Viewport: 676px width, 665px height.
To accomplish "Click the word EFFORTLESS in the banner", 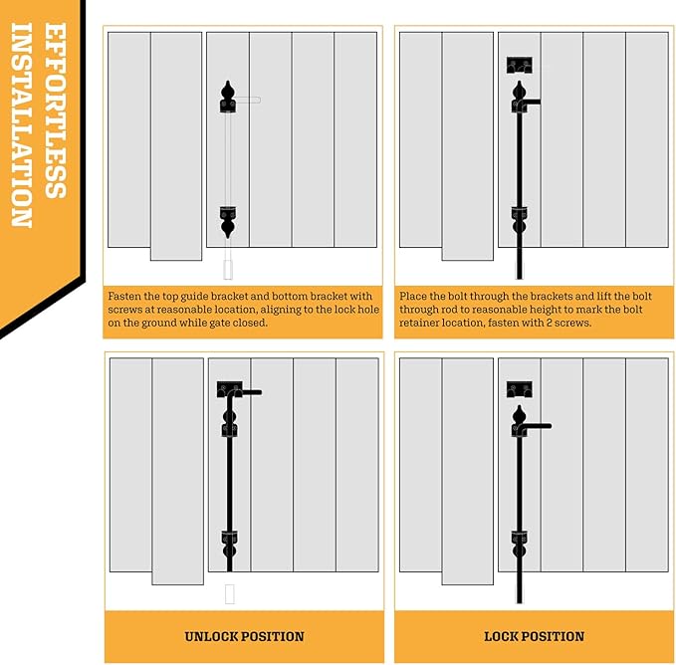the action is pos(55,111).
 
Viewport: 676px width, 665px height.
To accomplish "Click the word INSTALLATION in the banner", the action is pos(22,124).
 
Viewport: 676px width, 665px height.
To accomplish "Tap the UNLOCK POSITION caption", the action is pos(245,636).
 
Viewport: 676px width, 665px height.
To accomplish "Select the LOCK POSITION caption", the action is pos(535,636).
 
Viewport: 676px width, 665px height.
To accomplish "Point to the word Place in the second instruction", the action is pos(412,297).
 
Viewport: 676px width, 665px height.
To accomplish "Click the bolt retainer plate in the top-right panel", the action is pos(520,65).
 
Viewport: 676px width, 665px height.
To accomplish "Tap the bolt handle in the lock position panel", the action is pos(536,426).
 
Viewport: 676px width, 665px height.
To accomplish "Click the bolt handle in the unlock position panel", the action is pos(249,392).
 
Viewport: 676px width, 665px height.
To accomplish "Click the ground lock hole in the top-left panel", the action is pos(228,270).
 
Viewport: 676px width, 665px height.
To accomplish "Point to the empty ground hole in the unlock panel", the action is pos(230,594).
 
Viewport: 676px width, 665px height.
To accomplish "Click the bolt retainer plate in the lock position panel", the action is pos(520,389).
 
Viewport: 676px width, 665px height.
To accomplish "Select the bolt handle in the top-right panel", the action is pos(532,103).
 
